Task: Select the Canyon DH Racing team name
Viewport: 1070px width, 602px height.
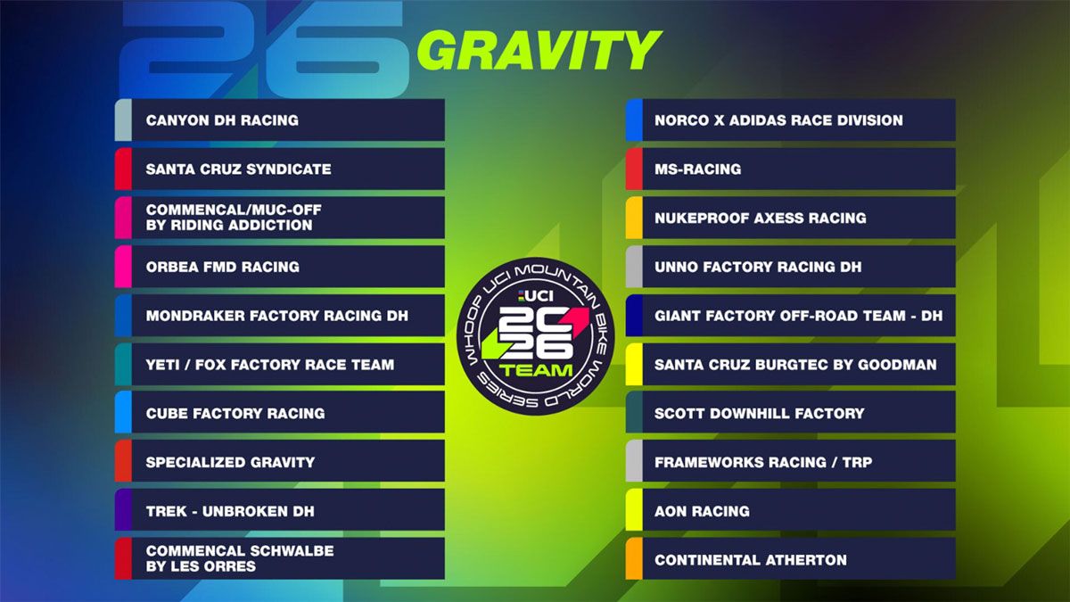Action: click(x=222, y=120)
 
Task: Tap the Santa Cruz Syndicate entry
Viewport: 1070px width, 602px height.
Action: click(x=238, y=169)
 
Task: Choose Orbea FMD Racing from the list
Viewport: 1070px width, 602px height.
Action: click(x=222, y=267)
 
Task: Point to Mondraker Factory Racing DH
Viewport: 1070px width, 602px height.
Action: click(x=276, y=316)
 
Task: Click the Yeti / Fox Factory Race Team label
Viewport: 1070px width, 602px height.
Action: click(x=269, y=365)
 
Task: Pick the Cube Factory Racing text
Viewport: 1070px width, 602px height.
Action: click(x=235, y=414)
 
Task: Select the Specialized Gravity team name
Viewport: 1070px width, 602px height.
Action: click(x=230, y=462)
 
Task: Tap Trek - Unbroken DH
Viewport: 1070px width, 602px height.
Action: click(x=230, y=511)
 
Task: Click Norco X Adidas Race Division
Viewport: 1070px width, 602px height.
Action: click(x=778, y=120)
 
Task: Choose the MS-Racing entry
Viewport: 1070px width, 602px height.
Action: click(x=697, y=169)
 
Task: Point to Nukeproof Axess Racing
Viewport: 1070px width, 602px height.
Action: click(x=760, y=219)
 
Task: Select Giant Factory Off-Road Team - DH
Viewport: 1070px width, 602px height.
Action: click(x=798, y=316)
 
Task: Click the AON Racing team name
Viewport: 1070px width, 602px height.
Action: click(x=702, y=511)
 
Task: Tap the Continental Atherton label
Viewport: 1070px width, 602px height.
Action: click(x=750, y=560)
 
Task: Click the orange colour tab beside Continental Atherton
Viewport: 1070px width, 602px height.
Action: click(x=634, y=559)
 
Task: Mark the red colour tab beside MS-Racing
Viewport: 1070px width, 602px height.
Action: click(x=634, y=169)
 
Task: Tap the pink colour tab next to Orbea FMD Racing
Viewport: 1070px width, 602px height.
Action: click(x=123, y=267)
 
